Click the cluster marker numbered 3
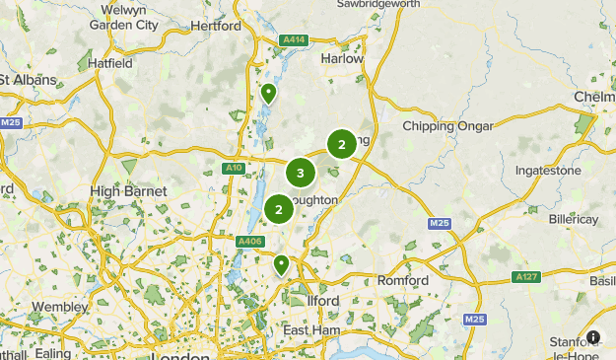click(x=301, y=173)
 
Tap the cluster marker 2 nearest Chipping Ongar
click(x=341, y=144)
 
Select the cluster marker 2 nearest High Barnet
click(x=279, y=209)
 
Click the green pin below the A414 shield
click(x=268, y=94)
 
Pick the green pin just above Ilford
click(x=282, y=264)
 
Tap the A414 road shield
click(x=292, y=39)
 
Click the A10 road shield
click(x=234, y=168)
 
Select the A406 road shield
click(x=249, y=240)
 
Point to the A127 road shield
click(x=526, y=277)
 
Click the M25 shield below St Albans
click(x=11, y=122)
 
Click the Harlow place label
click(x=342, y=58)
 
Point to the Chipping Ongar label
click(x=442, y=126)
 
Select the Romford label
click(x=404, y=281)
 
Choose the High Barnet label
click(x=128, y=190)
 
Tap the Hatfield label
click(x=110, y=63)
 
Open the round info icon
click(x=593, y=336)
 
